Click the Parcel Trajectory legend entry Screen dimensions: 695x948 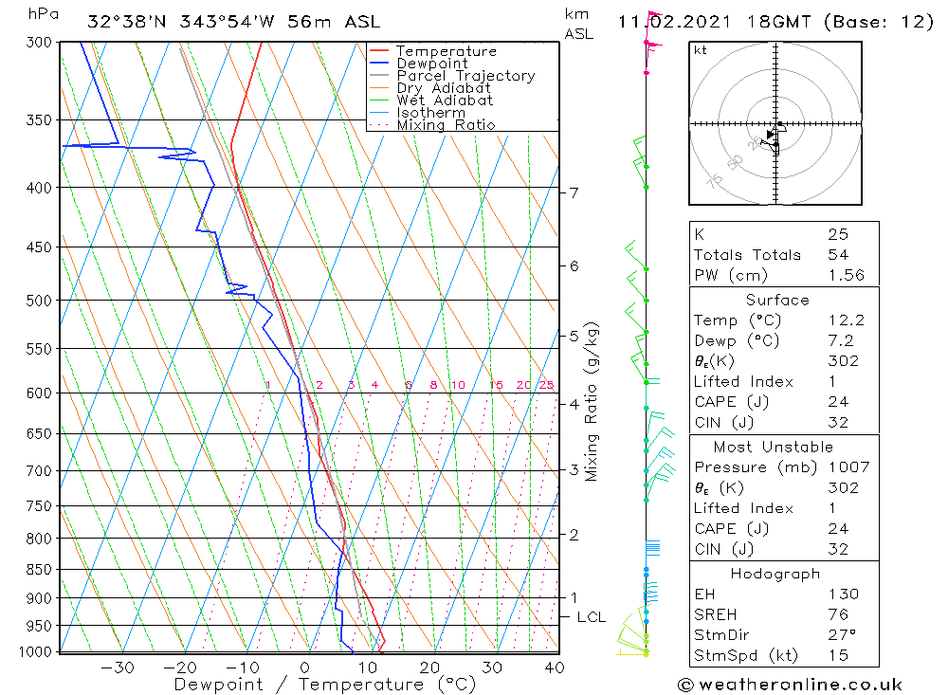click(465, 76)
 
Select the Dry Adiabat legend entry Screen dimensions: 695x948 click(444, 88)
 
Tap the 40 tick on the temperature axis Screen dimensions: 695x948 click(555, 668)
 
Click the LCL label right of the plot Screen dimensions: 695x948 click(591, 617)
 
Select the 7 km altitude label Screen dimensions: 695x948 click(574, 193)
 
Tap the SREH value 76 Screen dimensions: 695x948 click(836, 614)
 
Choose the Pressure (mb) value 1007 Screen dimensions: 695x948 click(844, 467)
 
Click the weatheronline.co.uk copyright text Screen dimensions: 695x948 click(791, 685)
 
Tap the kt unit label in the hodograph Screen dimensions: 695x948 click(701, 50)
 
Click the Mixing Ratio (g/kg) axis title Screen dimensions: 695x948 click(592, 402)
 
